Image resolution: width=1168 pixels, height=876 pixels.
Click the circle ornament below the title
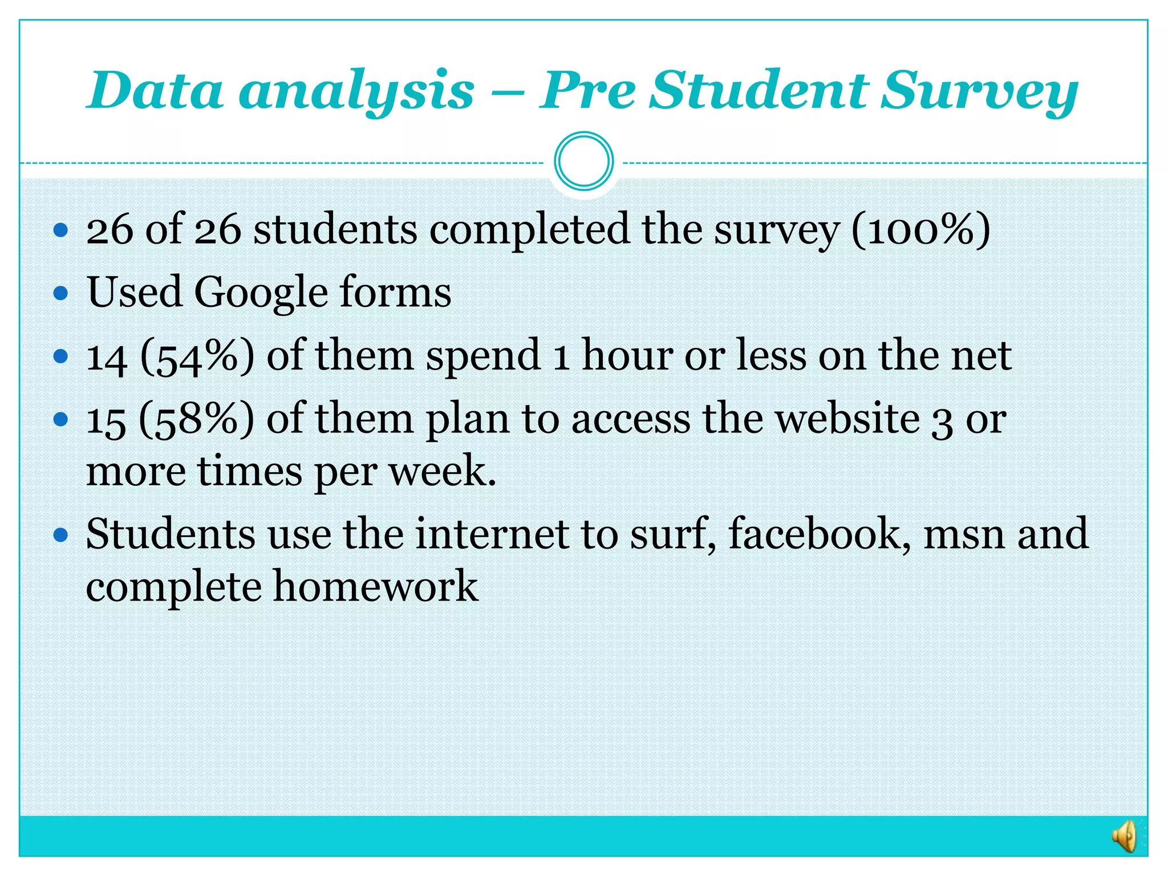click(x=583, y=161)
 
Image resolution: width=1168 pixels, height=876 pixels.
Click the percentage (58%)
click(x=196, y=419)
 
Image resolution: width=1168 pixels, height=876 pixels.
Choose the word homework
click(x=375, y=586)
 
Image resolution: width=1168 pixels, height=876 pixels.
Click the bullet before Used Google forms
click(x=60, y=294)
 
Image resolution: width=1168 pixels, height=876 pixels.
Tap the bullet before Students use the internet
click(x=60, y=535)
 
